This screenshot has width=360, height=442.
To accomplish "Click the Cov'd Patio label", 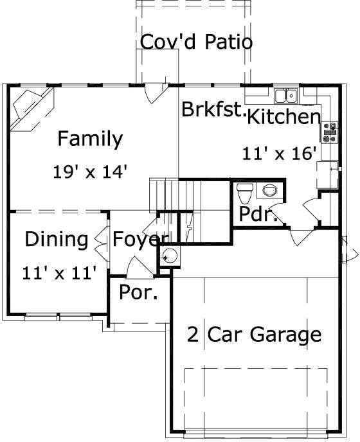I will coord(196,42).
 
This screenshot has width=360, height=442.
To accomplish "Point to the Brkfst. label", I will coord(213,109).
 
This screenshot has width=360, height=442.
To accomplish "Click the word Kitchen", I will coord(283,117).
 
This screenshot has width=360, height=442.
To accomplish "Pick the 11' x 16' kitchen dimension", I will coord(280,154).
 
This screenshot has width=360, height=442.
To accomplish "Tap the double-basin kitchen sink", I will coord(285,96).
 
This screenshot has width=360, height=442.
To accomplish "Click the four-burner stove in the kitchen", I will coord(331,132).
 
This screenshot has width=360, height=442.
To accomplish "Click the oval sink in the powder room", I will coord(270,190).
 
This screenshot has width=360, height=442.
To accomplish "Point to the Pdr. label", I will coord(258,215).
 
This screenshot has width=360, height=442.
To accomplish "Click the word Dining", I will coord(57,240).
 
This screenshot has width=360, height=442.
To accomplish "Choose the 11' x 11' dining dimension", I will coord(59,273).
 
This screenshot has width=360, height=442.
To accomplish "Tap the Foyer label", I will coord(136,240).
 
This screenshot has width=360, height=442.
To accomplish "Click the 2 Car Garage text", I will coord(254,334).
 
